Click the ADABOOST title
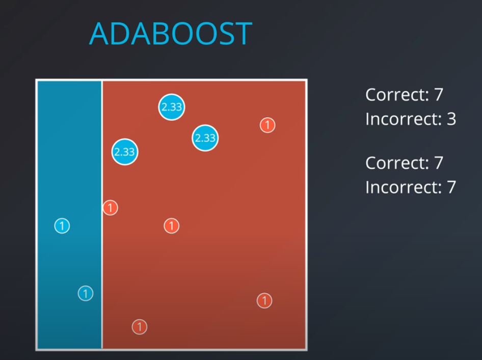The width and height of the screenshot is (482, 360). click(171, 34)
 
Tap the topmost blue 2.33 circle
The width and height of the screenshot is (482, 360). click(171, 107)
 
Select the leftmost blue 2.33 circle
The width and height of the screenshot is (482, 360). click(125, 152)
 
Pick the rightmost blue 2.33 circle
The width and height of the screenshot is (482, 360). click(205, 138)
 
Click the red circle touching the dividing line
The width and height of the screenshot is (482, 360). click(110, 208)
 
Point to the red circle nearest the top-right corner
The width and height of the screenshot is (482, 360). click(267, 125)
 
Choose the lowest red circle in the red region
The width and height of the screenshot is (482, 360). click(139, 326)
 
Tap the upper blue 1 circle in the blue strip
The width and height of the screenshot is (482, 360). click(62, 225)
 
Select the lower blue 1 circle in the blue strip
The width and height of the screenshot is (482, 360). click(86, 293)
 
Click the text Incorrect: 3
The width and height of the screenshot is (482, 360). click(410, 119)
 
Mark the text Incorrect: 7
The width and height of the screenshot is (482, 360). click(410, 187)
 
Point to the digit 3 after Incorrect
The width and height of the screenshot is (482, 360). click(450, 119)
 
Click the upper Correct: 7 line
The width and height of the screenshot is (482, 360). click(404, 94)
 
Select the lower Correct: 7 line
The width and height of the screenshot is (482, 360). click(404, 163)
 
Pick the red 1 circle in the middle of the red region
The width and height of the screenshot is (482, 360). click(172, 225)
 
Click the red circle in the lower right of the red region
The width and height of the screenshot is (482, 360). click(264, 300)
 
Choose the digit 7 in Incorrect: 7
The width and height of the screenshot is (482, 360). click(450, 187)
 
